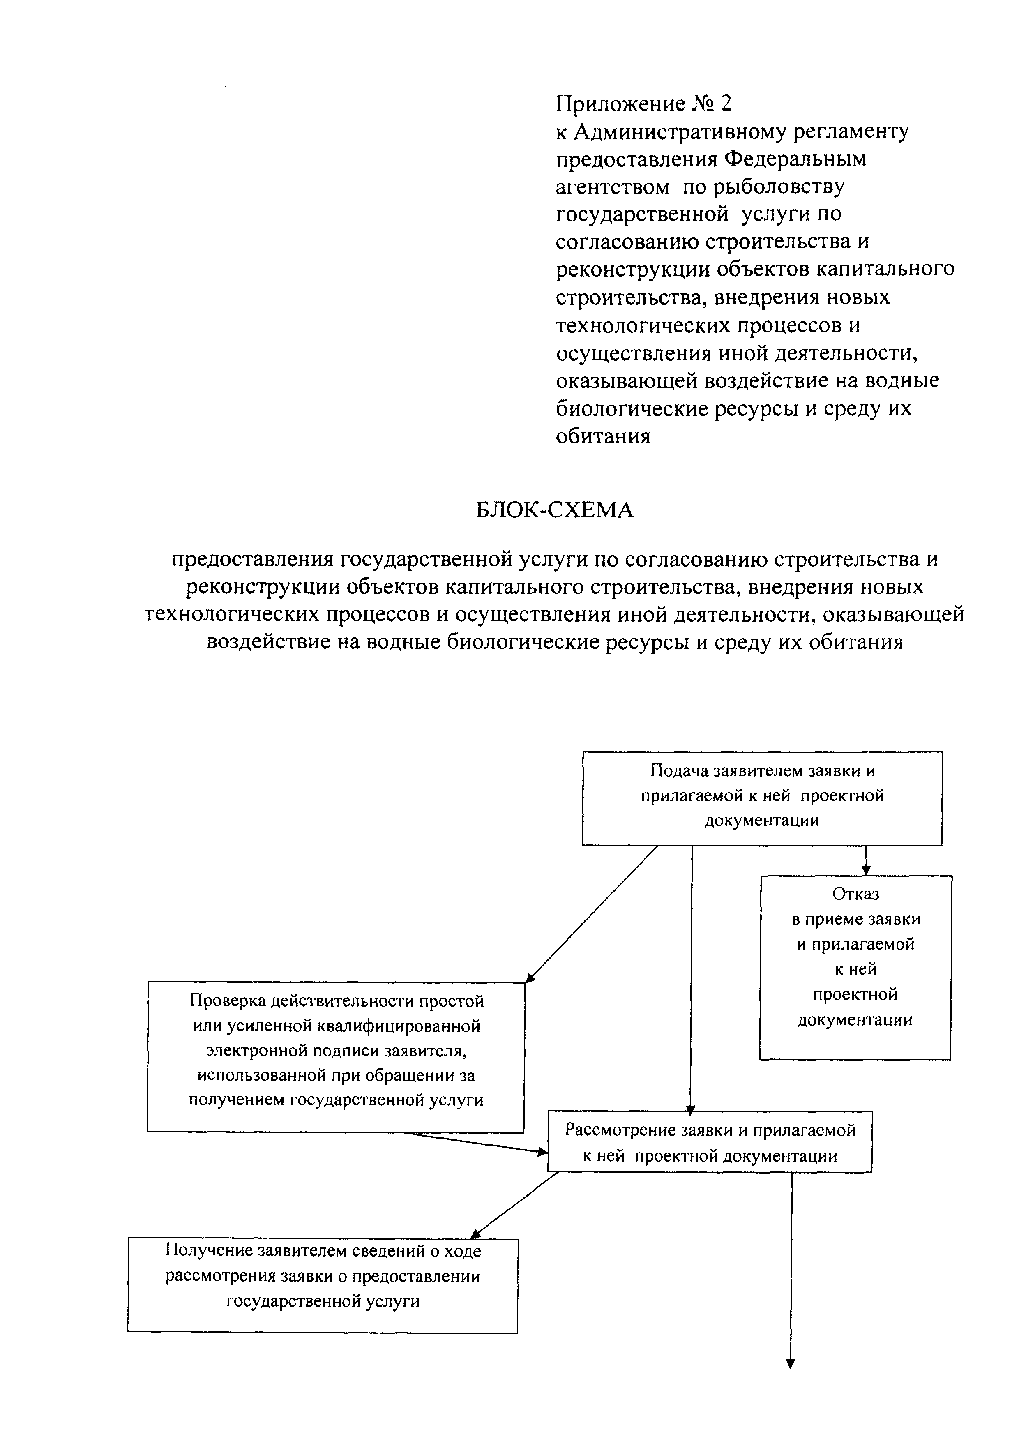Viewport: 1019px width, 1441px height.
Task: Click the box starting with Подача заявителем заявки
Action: [762, 798]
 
